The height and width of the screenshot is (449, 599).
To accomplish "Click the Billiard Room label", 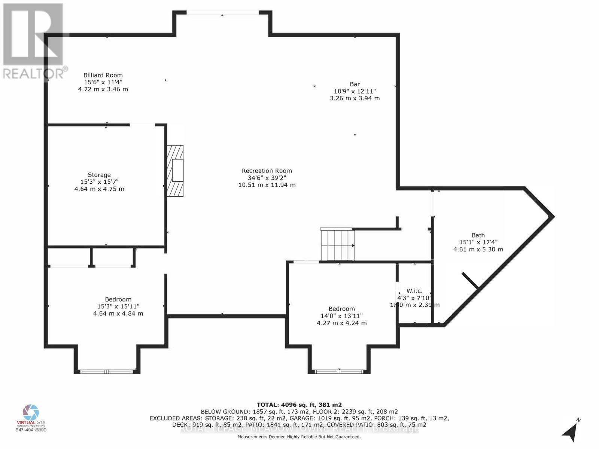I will click(x=103, y=75).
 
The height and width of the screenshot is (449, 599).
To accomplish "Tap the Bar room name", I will click(x=355, y=84).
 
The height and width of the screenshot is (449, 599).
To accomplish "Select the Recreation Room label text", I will click(x=267, y=171).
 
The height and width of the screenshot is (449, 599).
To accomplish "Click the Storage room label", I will click(x=99, y=175).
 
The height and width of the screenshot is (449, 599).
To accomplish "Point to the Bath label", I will click(x=478, y=235).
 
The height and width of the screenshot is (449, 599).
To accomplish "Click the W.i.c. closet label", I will click(x=414, y=291).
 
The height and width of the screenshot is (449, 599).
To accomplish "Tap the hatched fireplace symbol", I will click(x=175, y=171).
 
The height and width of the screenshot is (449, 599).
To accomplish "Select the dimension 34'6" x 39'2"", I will click(x=267, y=178).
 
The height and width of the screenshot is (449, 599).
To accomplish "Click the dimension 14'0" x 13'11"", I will click(x=341, y=316).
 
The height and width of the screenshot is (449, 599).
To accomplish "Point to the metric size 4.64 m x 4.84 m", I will click(x=118, y=314).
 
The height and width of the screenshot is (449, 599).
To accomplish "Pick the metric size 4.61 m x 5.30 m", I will click(x=478, y=249).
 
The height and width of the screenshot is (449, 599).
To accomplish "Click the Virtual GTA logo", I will click(x=31, y=413).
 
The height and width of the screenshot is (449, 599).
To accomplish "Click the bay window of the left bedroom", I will click(x=107, y=371).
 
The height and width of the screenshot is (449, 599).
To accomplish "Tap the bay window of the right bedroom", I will click(x=339, y=371).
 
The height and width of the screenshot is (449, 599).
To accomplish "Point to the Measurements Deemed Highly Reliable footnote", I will click(x=299, y=437).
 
